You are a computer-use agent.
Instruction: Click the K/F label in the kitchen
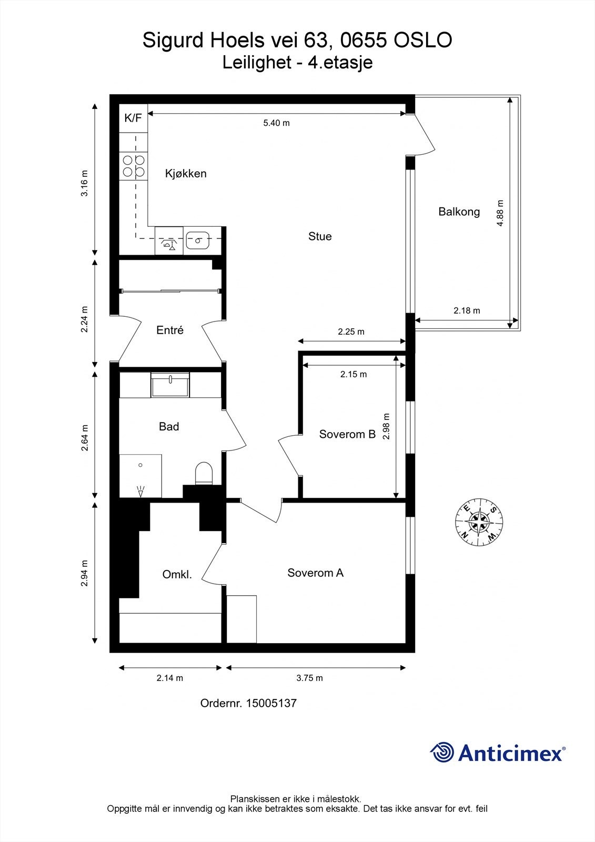click(133, 118)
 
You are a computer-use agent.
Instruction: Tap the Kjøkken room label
click(186, 174)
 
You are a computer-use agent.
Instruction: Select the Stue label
click(320, 236)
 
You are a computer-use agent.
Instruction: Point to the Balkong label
click(459, 212)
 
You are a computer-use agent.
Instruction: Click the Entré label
click(170, 330)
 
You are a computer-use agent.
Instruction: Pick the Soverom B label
click(347, 434)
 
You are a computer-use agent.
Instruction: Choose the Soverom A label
click(315, 573)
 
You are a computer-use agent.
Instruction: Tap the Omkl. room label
click(177, 574)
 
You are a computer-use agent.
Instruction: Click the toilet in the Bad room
click(204, 473)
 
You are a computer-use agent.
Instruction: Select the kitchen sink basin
click(197, 240)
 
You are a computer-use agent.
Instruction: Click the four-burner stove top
click(134, 166)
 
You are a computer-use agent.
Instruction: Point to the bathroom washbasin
click(170, 385)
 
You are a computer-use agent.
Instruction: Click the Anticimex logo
click(498, 752)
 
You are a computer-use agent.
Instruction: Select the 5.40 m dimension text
click(276, 123)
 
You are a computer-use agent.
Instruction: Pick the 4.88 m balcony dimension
click(500, 213)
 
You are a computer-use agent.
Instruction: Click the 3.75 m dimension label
click(309, 678)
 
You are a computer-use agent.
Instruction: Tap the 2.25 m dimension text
click(351, 332)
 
